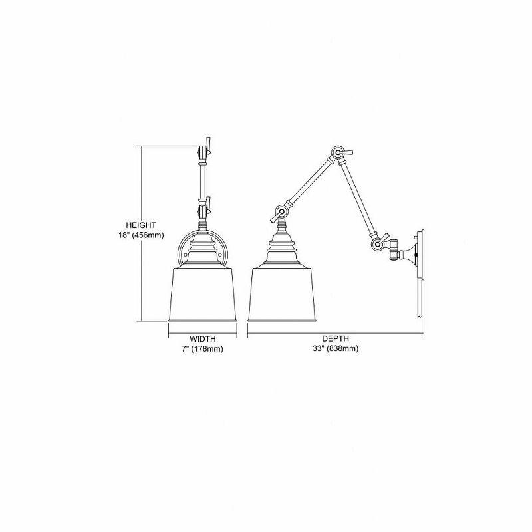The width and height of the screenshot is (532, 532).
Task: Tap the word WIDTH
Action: point(203,338)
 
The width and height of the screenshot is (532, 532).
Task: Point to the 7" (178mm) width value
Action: point(203,348)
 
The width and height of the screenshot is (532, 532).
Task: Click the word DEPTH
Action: point(336,338)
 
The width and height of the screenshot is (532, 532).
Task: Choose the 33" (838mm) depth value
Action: point(336,348)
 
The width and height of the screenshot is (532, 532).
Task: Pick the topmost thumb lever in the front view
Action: point(208,144)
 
